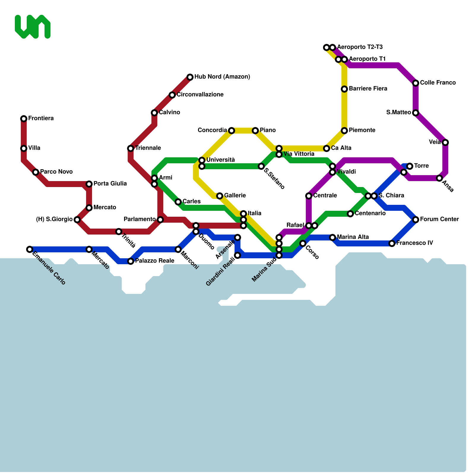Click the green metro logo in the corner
coord(32,27)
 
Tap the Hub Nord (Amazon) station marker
coord(190,77)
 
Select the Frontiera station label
coord(41,118)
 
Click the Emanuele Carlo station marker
coord(29,249)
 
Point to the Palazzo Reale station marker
coord(131,261)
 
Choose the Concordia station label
coord(212,130)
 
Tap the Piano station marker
coord(255,131)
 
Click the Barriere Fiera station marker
coord(344,89)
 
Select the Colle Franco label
coord(438,83)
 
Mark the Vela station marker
coord(445,142)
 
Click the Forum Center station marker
coord(416,220)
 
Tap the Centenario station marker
coord(350,214)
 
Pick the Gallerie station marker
coord(220,196)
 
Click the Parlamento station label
coord(140,219)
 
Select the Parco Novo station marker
coord(36,172)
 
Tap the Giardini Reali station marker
coord(237,255)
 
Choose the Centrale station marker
coord(309,196)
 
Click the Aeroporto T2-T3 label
coord(360,47)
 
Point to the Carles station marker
coord(178,202)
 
